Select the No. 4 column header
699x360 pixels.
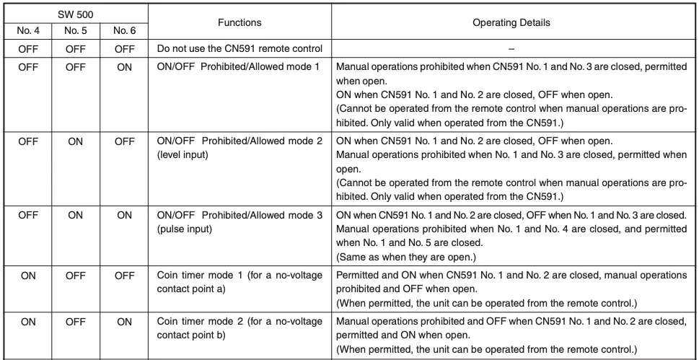click(28, 31)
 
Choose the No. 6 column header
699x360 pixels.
click(124, 31)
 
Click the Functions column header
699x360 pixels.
click(239, 22)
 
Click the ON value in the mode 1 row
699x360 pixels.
click(124, 66)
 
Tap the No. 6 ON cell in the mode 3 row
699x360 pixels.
click(124, 215)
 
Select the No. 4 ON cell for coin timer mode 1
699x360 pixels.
click(28, 276)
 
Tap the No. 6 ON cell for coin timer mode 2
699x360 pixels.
click(124, 322)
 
